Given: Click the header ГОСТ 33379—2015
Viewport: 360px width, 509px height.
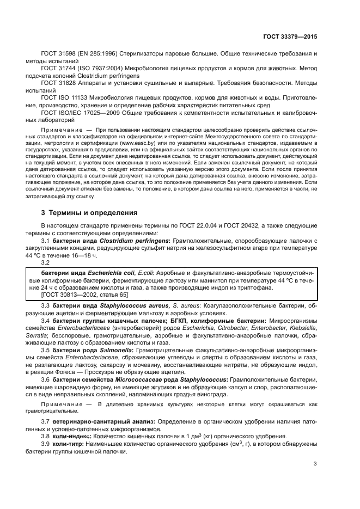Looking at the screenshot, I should pyautogui.click(x=290, y=37).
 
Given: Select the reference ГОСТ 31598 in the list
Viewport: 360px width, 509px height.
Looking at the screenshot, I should pyautogui.click(x=58, y=54).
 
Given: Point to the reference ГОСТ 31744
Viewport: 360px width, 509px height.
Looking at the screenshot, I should pyautogui.click(x=58, y=69).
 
